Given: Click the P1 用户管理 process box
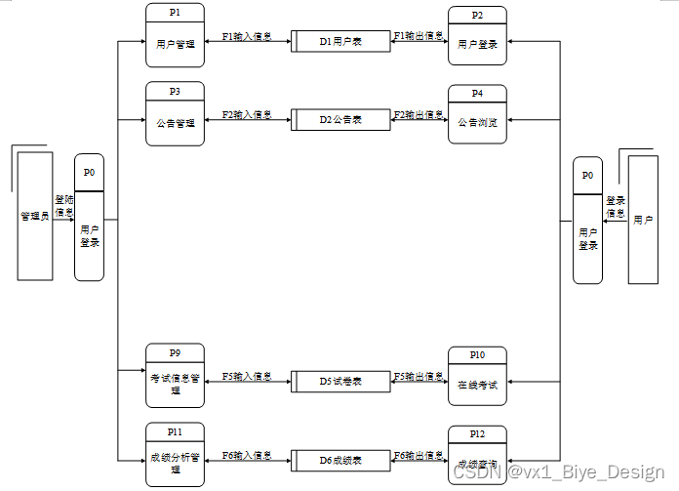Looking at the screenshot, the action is [x=175, y=36].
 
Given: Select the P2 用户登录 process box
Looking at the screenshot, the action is [x=477, y=36].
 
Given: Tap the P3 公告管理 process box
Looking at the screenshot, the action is [x=175, y=114].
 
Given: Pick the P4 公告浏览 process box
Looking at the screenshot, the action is [x=477, y=114].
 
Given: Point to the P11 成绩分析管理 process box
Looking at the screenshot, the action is [x=175, y=455].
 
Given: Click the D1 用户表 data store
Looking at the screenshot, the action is [x=340, y=43].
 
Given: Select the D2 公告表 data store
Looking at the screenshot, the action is [x=340, y=120].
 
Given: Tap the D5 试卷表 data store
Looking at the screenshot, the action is [x=340, y=381].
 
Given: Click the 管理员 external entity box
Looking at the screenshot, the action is [x=35, y=217].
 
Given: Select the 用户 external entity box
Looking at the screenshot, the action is [x=643, y=221].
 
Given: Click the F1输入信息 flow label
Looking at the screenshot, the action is [x=247, y=37].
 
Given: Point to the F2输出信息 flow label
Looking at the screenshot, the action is [x=419, y=115].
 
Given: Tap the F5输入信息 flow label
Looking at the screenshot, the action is [x=247, y=376].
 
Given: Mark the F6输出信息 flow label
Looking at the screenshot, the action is [x=419, y=454].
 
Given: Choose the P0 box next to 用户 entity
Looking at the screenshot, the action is [x=587, y=221].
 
